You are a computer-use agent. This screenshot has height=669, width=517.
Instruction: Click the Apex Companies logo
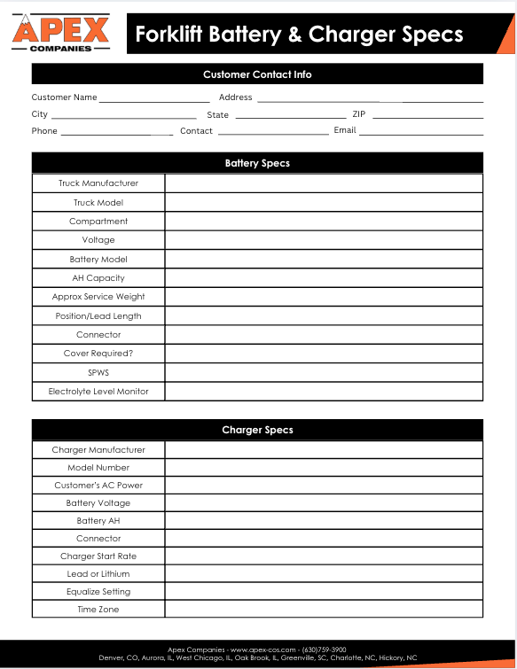pos(60,32)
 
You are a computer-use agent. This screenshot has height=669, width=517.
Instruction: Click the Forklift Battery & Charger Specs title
pos(299,35)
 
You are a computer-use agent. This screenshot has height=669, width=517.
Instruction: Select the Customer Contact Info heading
pos(257,74)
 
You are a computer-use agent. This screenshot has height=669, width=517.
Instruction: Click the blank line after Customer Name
pos(154,99)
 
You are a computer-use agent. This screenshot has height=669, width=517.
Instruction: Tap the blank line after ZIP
pos(427,116)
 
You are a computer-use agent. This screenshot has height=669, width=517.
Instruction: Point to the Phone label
pos(44,131)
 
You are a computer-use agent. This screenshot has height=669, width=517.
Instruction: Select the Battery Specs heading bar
pos(257,163)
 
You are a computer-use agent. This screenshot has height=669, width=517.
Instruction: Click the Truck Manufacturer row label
pos(98,183)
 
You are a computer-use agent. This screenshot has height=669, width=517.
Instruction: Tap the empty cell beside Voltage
pos(324,240)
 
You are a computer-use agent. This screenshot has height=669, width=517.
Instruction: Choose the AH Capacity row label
pos(98,278)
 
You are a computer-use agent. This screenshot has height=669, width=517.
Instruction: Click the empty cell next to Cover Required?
pos(324,354)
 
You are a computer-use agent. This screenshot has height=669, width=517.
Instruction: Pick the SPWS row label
pos(98,373)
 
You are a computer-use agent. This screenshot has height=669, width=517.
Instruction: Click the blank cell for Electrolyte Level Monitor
pos(324,392)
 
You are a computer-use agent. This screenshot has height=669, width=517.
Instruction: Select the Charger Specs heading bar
pos(257,430)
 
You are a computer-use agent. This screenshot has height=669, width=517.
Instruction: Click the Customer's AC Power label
pos(98,486)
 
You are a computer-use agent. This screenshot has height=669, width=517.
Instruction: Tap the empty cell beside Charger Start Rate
pos(324,556)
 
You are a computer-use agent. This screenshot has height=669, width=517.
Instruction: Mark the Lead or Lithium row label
pos(98,574)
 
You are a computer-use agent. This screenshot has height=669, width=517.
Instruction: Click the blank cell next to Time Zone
pos(324,610)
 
